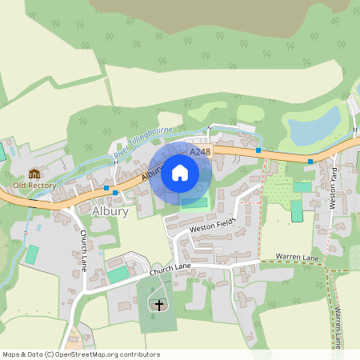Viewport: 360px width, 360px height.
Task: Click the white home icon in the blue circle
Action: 180,172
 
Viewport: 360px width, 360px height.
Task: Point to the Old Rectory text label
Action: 34,186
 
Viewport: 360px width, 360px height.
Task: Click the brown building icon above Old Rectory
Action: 34,174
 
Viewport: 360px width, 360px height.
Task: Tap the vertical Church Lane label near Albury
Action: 85,250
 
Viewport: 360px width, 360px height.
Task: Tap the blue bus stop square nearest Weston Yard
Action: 310,161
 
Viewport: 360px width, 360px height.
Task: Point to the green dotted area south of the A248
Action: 278,189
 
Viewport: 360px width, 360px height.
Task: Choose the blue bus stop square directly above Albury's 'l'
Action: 116,192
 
